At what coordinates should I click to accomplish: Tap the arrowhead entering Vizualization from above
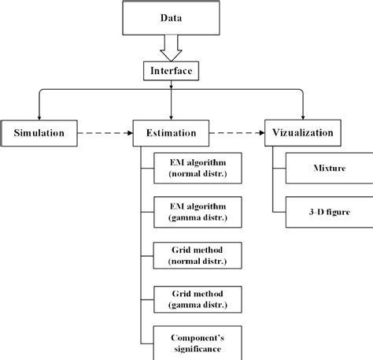tap(303, 115)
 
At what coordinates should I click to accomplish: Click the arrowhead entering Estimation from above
tap(171, 115)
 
